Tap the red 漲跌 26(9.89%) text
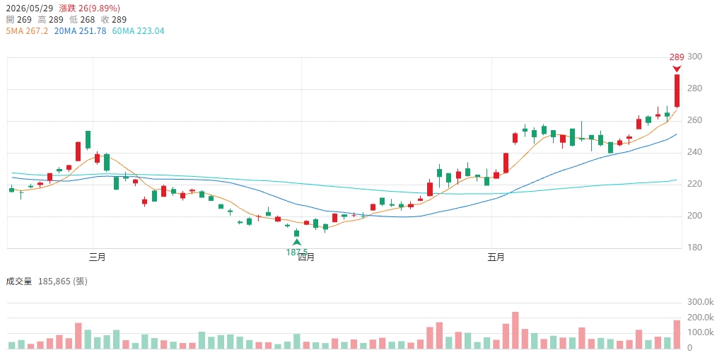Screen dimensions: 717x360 click(x=90, y=8)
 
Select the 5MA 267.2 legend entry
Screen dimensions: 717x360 click(x=27, y=31)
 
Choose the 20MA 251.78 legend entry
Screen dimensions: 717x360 click(x=80, y=31)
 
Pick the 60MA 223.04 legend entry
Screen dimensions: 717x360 click(x=138, y=31)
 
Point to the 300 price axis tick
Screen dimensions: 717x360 click(x=694, y=57)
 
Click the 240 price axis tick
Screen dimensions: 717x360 click(x=694, y=152)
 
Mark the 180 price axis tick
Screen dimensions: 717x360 click(x=694, y=248)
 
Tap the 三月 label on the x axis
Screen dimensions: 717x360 click(x=98, y=257)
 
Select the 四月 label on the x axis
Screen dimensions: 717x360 click(x=306, y=257)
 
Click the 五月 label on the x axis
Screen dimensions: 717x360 click(x=496, y=257)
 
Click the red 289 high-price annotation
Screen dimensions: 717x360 click(x=677, y=57)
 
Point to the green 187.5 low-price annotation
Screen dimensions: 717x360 click(x=297, y=252)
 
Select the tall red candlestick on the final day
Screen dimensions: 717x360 click(x=677, y=91)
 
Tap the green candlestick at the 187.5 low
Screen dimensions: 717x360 click(x=297, y=233)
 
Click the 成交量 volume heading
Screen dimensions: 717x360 click(x=19, y=281)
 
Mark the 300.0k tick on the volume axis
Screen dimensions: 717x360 click(x=701, y=302)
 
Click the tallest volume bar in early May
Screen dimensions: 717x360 click(x=515, y=330)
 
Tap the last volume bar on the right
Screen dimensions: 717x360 click(x=677, y=335)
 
